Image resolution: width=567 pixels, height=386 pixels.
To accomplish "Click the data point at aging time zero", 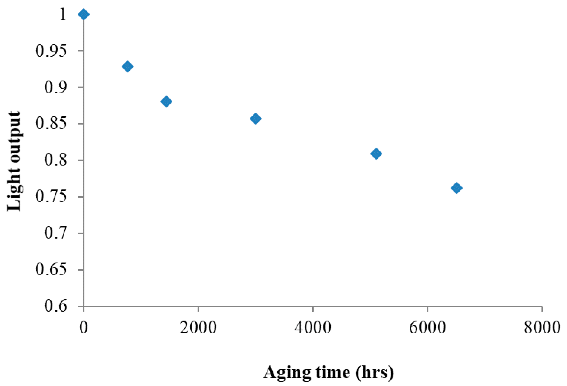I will click(x=84, y=15).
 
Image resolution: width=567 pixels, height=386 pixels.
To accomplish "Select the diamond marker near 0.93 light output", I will click(x=127, y=66).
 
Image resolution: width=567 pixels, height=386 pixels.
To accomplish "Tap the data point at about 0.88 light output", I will click(x=166, y=102).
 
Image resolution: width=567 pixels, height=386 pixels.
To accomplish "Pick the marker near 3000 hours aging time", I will click(x=255, y=119).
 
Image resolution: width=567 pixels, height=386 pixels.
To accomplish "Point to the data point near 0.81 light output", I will click(x=376, y=153).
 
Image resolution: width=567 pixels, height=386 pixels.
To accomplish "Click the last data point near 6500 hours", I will click(x=456, y=188).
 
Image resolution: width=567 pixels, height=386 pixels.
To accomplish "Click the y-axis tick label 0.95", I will click(x=51, y=51).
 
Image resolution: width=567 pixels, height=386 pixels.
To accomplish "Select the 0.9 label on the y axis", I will click(x=56, y=88).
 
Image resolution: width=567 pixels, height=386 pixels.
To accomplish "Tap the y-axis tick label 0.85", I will click(x=51, y=124).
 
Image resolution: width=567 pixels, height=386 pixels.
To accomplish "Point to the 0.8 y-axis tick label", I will click(x=56, y=160).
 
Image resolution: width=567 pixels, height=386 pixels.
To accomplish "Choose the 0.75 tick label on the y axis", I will click(x=51, y=197).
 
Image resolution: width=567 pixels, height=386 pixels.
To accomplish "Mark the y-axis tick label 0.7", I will click(x=56, y=233).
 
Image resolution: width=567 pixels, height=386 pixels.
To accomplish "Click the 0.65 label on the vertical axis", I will click(x=51, y=270).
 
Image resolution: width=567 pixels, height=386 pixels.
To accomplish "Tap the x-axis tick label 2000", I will click(x=198, y=328).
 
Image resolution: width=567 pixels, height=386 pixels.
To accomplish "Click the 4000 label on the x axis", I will click(x=313, y=328).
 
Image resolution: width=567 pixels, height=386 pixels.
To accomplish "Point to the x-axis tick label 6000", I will click(x=427, y=328).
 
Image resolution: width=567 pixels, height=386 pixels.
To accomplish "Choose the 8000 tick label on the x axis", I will click(x=542, y=328).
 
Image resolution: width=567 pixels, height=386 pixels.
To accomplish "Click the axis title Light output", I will click(x=14, y=162).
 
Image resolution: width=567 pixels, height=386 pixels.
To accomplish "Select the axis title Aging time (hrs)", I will click(x=328, y=372).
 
